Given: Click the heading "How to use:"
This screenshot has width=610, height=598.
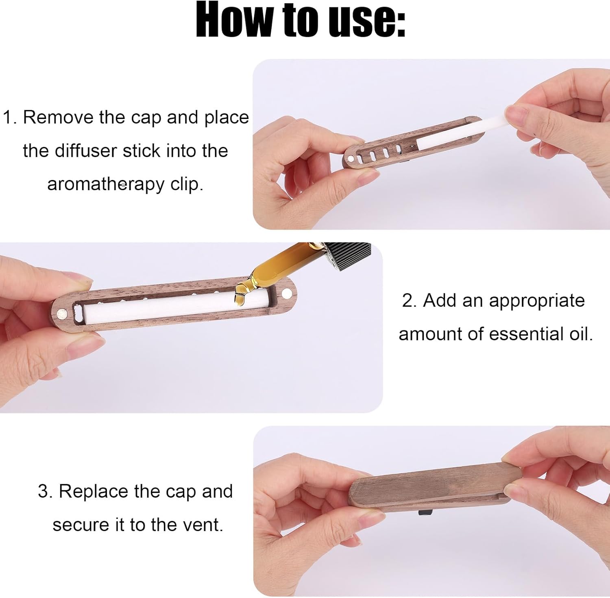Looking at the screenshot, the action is coord(301,19).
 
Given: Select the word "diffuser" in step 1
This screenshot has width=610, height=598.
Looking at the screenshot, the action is coord(86,151).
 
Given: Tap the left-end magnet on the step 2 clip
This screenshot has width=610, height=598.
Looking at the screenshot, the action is coord(62,313).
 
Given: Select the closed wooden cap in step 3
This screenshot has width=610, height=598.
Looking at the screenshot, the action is coord(435,483).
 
